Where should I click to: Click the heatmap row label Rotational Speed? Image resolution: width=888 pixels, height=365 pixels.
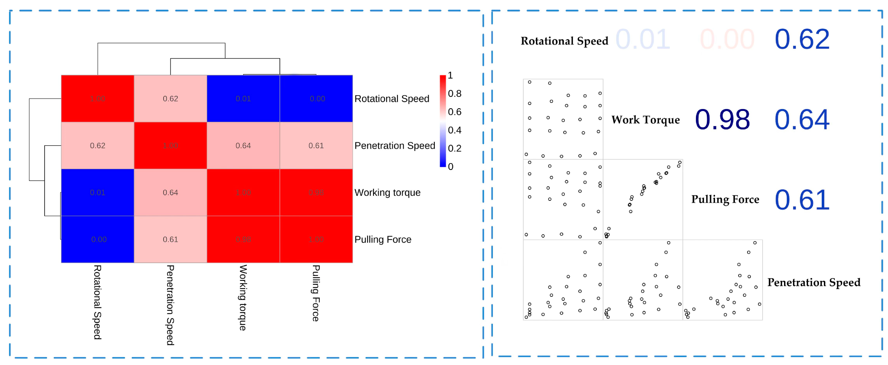point(392,99)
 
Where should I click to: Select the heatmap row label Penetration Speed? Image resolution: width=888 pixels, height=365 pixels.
point(395,146)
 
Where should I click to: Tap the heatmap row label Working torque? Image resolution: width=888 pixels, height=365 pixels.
point(388,193)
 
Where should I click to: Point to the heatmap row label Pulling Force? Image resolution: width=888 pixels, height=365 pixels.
point(383,239)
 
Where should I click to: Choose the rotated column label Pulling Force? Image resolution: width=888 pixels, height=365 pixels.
point(316,293)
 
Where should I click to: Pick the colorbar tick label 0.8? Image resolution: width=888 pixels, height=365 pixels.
point(454,93)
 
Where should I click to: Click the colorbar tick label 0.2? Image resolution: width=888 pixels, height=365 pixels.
point(454,148)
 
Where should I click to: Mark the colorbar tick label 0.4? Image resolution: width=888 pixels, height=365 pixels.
point(454,130)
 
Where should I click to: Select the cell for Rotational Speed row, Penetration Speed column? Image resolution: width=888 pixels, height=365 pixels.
point(170,99)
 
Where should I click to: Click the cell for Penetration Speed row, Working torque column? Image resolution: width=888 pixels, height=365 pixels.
point(243,146)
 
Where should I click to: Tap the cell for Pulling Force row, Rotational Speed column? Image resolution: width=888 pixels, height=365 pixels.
point(97,239)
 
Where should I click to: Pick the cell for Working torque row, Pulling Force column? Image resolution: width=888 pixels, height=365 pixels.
point(316,193)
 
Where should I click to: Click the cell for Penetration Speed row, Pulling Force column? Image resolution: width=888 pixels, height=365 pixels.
point(316,146)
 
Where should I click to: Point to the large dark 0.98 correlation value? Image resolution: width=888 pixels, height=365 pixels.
point(722,120)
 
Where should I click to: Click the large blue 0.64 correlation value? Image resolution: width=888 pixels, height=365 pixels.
point(802,120)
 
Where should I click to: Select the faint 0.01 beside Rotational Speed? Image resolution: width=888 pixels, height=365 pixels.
point(643,39)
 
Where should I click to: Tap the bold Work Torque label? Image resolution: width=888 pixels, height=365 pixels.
point(645,120)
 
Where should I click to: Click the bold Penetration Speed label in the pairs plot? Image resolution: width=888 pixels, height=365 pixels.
point(813,282)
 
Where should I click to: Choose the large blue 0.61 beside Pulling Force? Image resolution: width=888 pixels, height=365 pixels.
point(802,200)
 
